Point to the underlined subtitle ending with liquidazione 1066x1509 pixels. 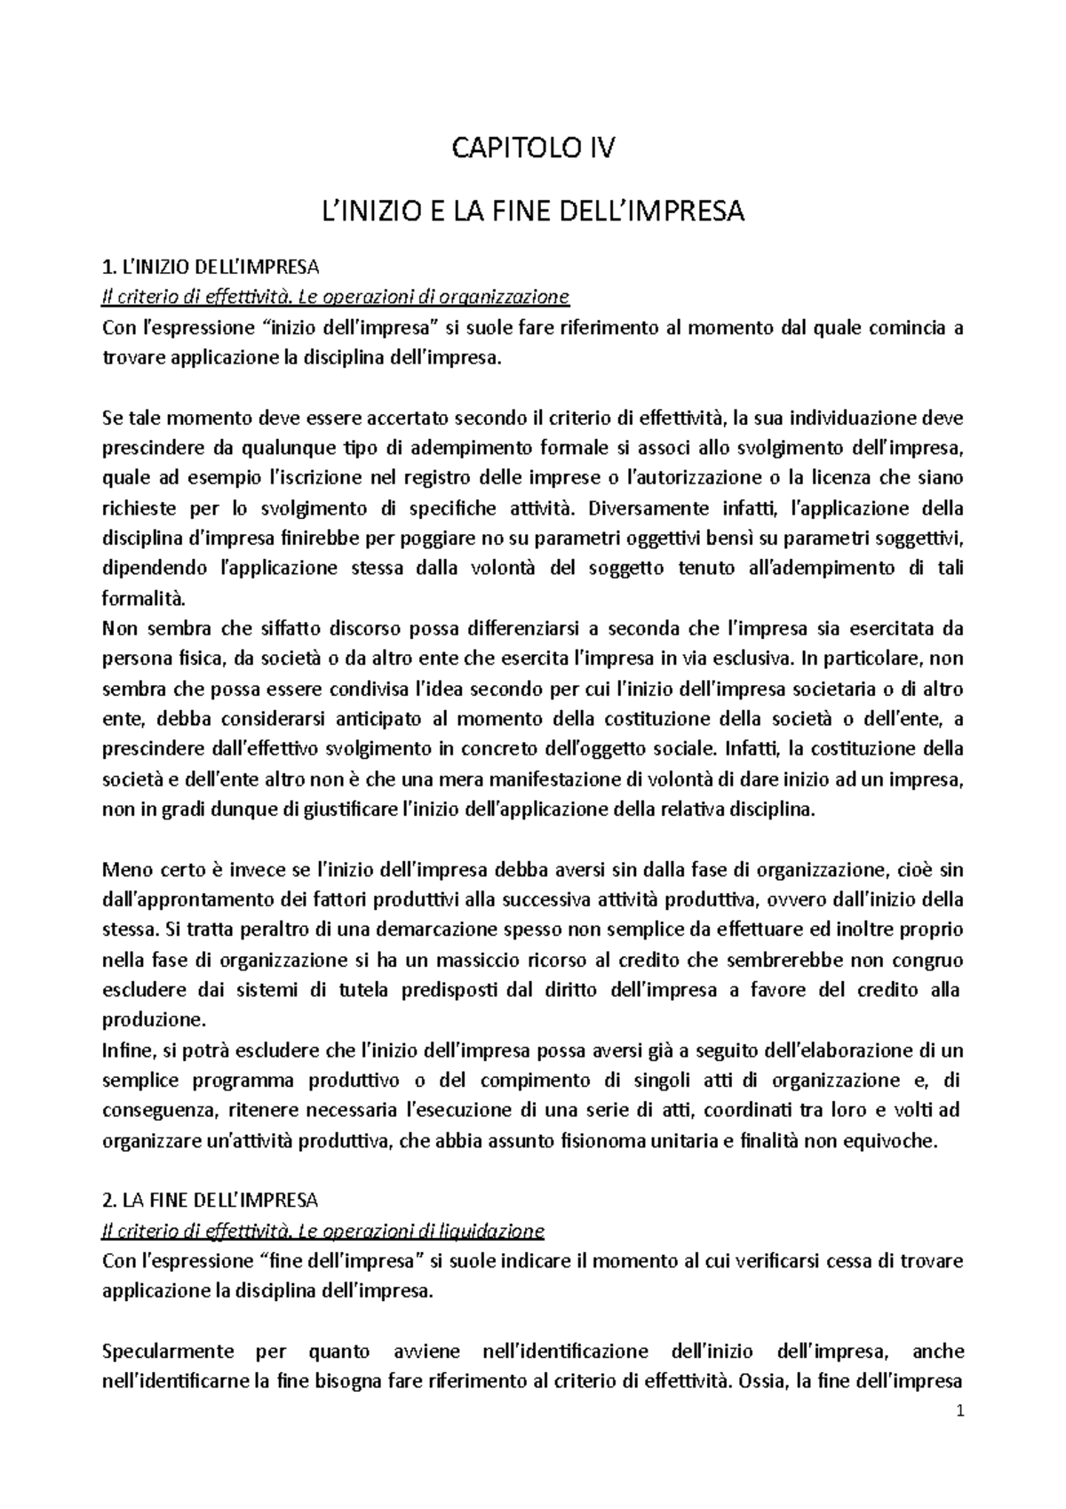[x=323, y=1231]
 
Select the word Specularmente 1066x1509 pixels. [x=169, y=1351]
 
